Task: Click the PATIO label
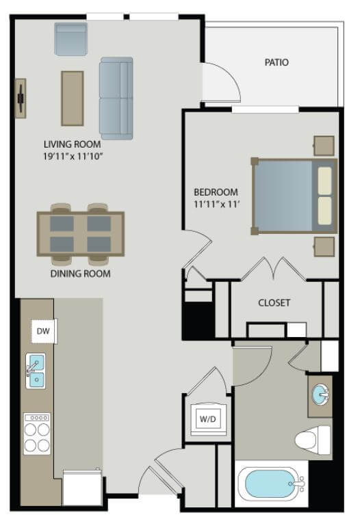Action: click(277, 62)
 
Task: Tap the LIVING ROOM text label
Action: click(72, 144)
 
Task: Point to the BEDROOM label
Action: click(216, 191)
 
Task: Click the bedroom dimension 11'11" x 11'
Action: click(215, 204)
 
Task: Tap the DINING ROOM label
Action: click(81, 274)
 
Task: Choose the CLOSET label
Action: click(274, 302)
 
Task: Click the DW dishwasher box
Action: click(43, 332)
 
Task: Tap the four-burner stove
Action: click(37, 434)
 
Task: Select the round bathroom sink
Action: click(320, 395)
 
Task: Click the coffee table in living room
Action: click(73, 98)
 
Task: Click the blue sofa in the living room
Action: click(116, 98)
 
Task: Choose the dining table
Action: click(81, 233)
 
